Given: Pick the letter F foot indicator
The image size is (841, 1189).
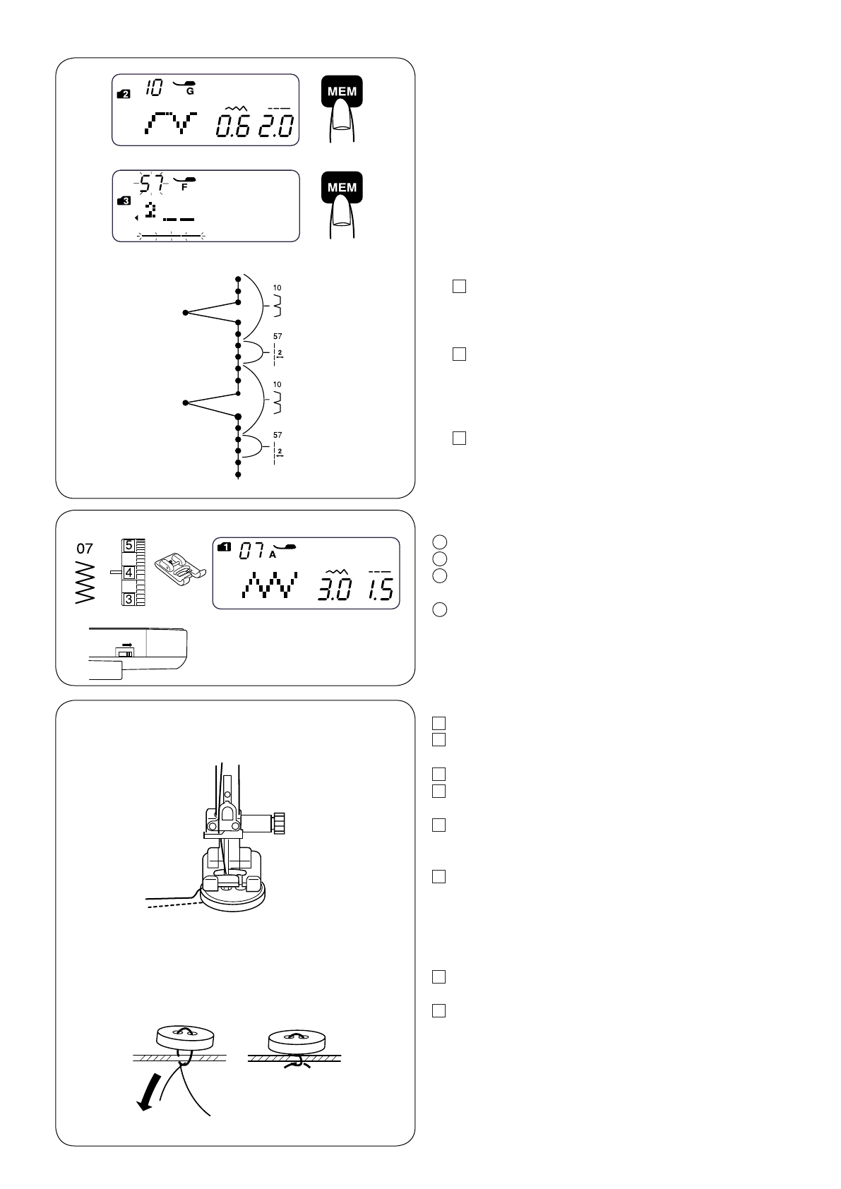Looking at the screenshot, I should tap(184, 189).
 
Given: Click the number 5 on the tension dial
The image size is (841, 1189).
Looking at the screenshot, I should tap(129, 546).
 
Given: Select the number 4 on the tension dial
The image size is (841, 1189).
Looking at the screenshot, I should tap(129, 573).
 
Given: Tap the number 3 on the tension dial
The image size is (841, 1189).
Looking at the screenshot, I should tap(129, 599).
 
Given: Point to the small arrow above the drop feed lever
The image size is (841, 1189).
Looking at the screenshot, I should tap(127, 645).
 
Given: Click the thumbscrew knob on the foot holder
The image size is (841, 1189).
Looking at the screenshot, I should tap(282, 823).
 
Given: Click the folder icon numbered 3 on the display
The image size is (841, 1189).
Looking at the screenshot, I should tap(124, 201).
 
